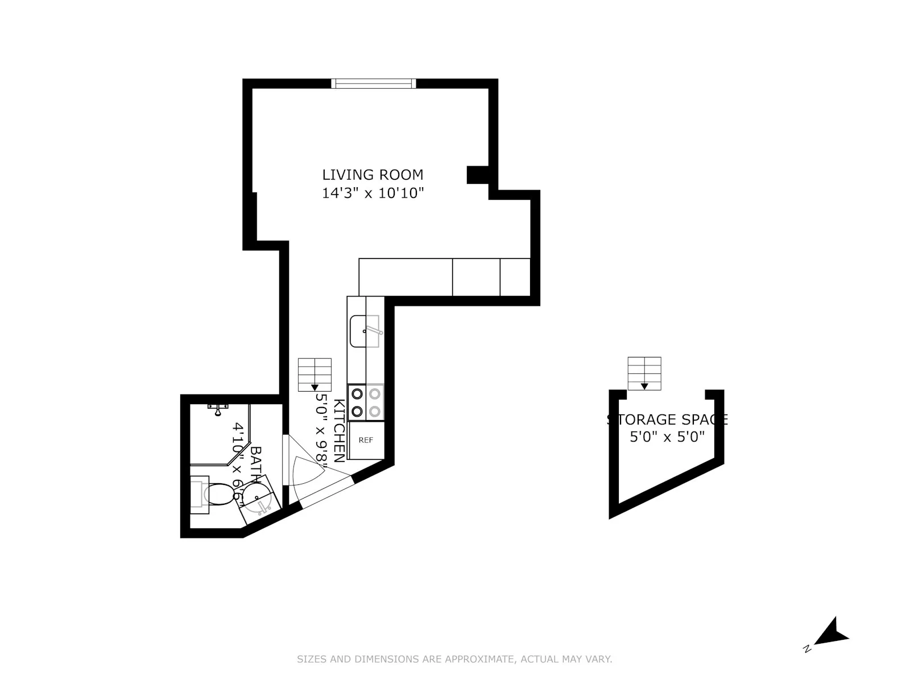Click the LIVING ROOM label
tap(373, 175)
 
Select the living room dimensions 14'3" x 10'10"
tap(373, 194)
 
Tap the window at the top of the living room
tap(374, 84)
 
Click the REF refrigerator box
tap(366, 440)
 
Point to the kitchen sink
tap(364, 331)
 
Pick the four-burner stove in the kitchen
tap(366, 402)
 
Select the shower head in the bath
tap(217, 409)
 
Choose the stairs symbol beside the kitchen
tap(315, 375)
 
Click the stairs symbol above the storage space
tap(644, 373)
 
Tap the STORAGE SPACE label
tap(667, 420)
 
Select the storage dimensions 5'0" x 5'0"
tap(667, 437)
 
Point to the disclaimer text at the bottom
tap(454, 660)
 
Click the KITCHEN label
tap(339, 430)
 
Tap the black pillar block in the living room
tap(477, 175)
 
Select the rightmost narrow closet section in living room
tap(515, 277)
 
